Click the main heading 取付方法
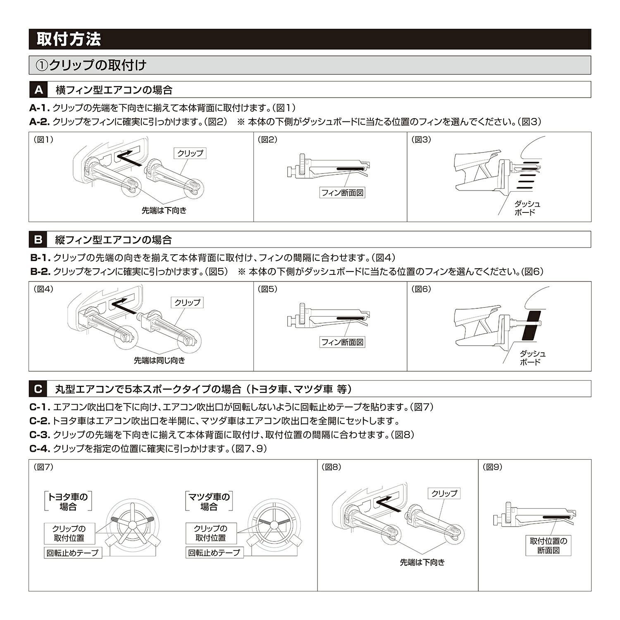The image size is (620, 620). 69,39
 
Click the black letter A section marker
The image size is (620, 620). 38,90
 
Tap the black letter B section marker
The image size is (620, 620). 38,239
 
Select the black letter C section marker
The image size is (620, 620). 38,389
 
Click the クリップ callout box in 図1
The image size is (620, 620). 190,153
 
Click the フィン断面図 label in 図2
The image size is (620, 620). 343,193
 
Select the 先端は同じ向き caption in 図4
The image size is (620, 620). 160,360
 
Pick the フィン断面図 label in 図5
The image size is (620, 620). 343,342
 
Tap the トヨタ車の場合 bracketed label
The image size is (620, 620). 68,501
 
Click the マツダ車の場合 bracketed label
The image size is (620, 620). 209,501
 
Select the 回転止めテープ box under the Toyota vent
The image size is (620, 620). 73,553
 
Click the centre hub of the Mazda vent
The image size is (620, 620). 273,524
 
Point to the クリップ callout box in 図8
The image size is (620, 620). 444,493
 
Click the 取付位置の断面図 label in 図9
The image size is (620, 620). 548,546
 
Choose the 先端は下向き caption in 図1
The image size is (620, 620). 164,210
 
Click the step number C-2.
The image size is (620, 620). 40,421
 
